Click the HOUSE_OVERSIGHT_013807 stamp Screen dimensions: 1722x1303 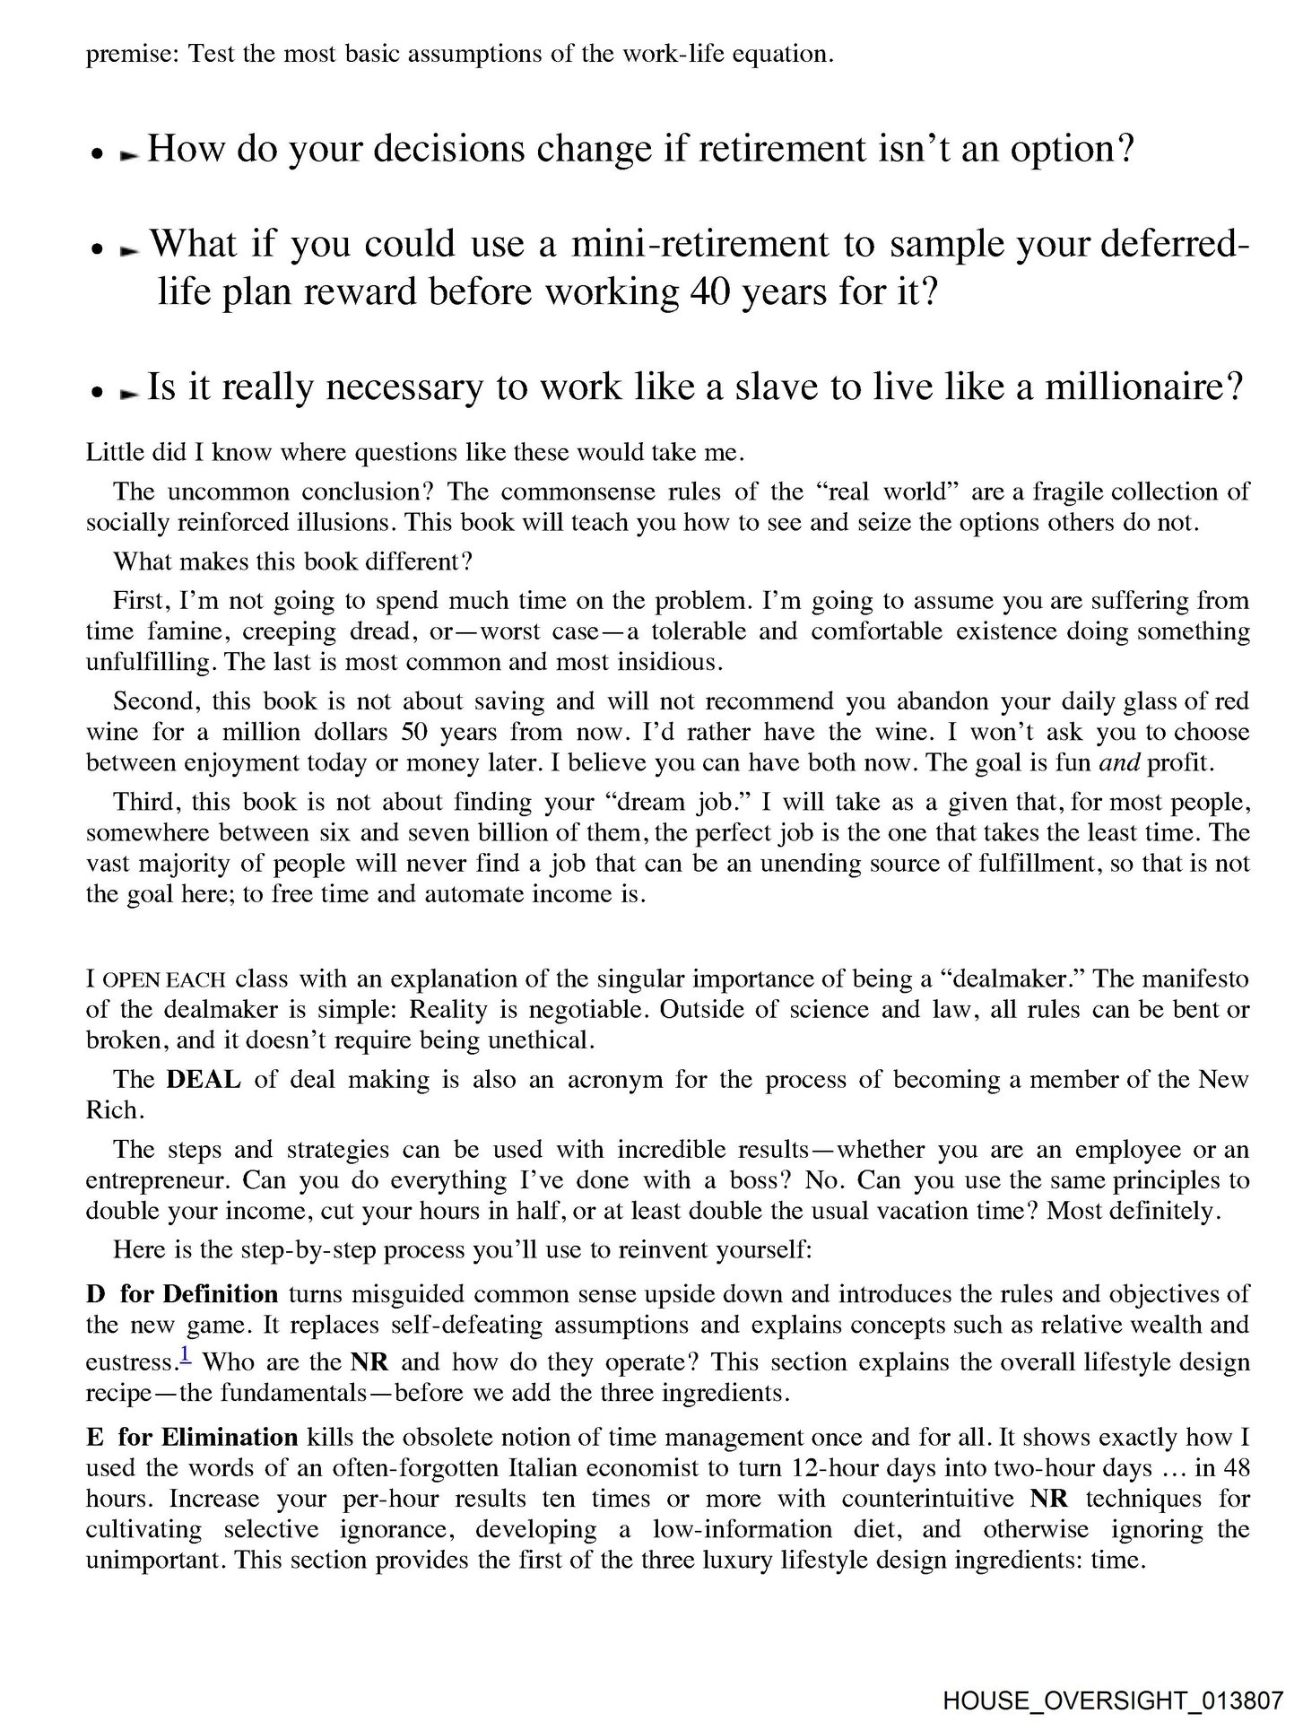point(1112,1699)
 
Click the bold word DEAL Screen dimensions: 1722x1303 point(204,1079)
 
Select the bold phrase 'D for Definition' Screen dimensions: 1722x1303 point(182,1294)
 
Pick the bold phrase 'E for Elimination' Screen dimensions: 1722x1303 point(192,1437)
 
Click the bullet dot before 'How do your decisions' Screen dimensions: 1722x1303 point(93,154)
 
